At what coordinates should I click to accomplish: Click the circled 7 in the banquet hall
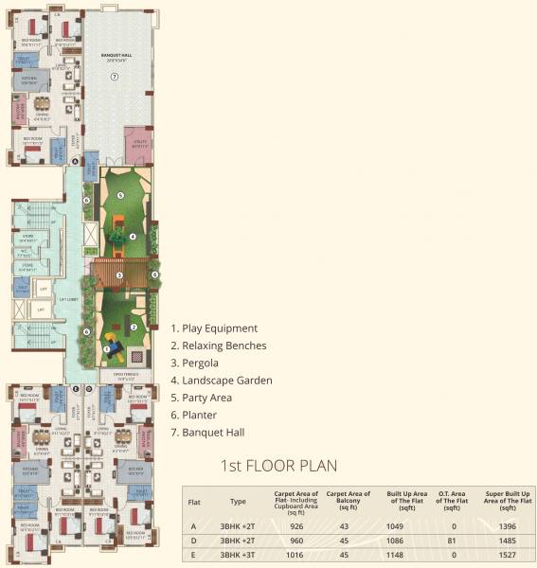tap(113, 76)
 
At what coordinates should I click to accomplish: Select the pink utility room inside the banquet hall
tap(137, 144)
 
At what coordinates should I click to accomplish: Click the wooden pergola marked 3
tap(120, 276)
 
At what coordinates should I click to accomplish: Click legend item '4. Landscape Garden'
tap(222, 381)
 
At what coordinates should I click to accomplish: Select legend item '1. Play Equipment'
tap(214, 328)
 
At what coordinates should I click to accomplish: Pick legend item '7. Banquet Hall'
tap(208, 433)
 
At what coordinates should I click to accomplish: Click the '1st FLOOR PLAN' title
tap(277, 466)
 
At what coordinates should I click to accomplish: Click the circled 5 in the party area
tap(120, 196)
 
